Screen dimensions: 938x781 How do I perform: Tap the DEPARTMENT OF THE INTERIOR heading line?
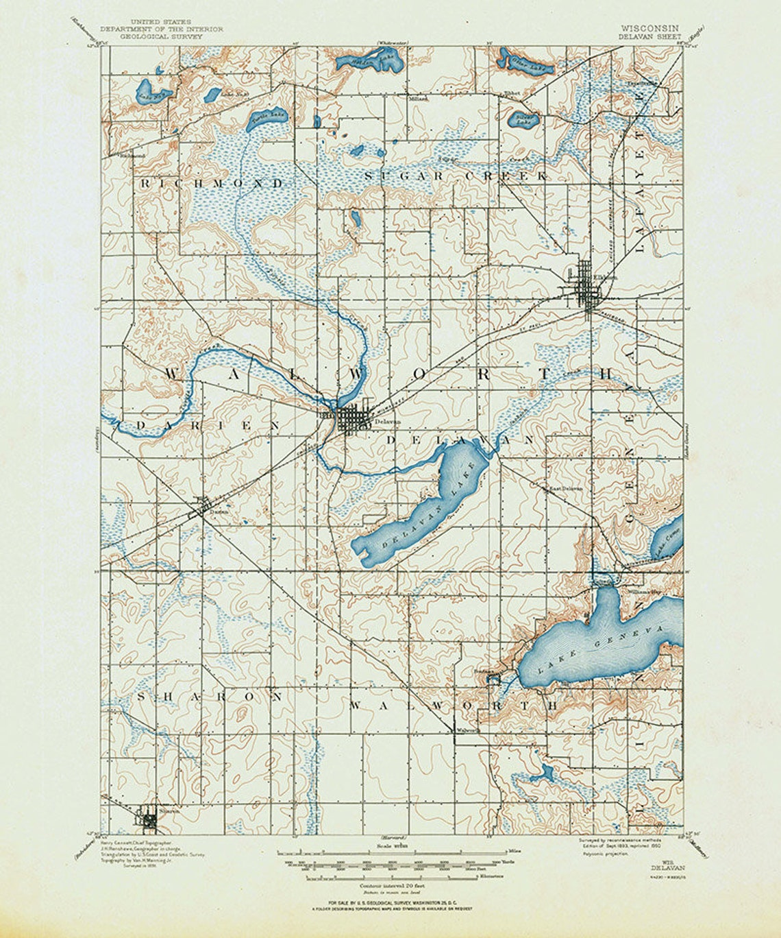click(162, 29)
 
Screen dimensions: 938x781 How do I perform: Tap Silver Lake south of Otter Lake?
click(524, 121)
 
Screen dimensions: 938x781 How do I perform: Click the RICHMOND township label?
click(212, 184)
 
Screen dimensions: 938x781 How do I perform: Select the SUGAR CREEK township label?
click(456, 176)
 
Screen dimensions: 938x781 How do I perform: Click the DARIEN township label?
click(206, 425)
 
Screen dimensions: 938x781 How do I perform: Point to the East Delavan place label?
click(563, 489)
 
